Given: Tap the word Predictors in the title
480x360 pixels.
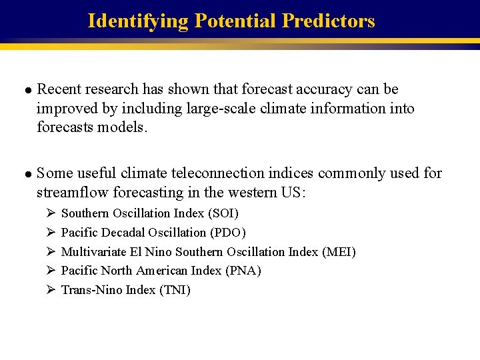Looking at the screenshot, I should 329,21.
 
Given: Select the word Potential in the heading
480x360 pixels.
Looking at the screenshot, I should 235,21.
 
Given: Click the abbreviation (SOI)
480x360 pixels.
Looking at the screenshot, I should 223,213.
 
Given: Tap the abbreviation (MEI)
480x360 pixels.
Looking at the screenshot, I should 339,252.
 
